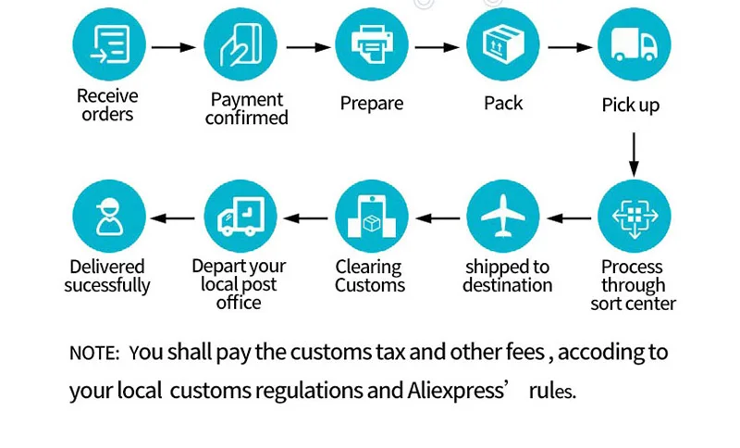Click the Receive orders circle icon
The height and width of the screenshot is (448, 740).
pyautogui.click(x=109, y=44)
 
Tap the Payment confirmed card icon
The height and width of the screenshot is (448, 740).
pyautogui.click(x=240, y=44)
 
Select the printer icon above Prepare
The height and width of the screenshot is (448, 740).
pyautogui.click(x=371, y=44)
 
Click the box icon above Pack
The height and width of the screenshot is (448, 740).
pyautogui.click(x=502, y=44)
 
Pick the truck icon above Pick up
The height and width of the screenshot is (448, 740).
pyautogui.click(x=634, y=44)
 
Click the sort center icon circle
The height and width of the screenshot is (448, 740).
pyautogui.click(x=634, y=217)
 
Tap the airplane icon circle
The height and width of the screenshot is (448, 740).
pyautogui.click(x=502, y=217)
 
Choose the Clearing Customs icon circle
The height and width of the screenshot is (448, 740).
pyautogui.click(x=371, y=217)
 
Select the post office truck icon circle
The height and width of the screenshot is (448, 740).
pyautogui.click(x=240, y=217)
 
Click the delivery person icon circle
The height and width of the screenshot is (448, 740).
pyautogui.click(x=109, y=217)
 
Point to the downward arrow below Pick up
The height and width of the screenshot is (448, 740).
pyautogui.click(x=634, y=154)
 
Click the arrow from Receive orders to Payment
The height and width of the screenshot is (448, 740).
pyautogui.click(x=174, y=46)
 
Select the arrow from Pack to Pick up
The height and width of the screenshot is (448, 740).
pyautogui.click(x=570, y=46)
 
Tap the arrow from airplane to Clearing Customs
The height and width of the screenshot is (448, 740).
pyautogui.click(x=438, y=218)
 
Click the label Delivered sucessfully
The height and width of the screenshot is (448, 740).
pyautogui.click(x=107, y=277)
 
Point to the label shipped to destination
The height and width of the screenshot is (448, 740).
pyautogui.click(x=507, y=277)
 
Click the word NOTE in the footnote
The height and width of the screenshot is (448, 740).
pyautogui.click(x=93, y=354)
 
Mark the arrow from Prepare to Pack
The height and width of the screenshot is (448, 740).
pyautogui.click(x=438, y=46)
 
